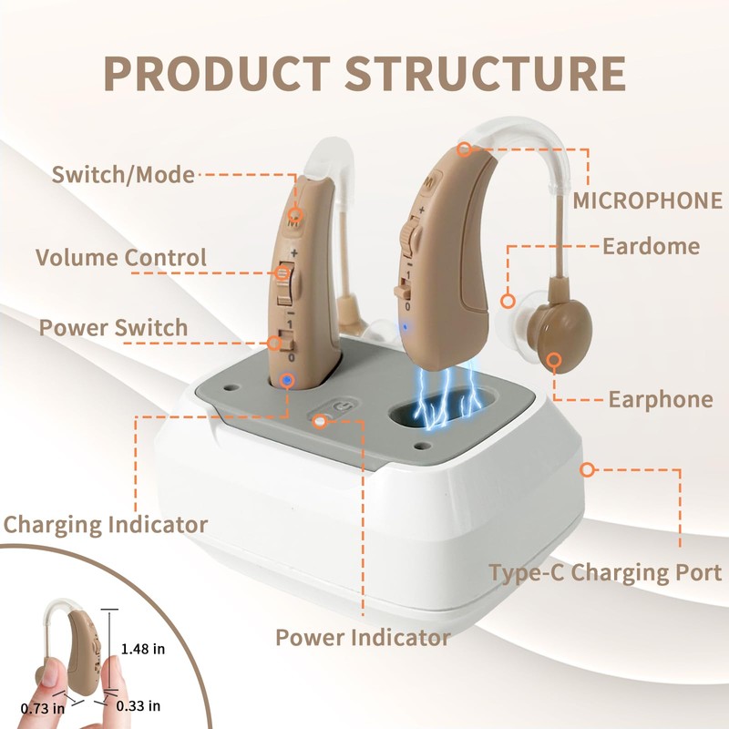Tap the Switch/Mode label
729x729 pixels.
pos(123,174)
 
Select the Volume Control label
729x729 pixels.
pos(121,257)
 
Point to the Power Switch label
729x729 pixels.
pos(113,327)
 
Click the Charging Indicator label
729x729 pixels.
pos(105,524)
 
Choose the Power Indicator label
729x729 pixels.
pos(363,637)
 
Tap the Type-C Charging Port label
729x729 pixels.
pos(605,573)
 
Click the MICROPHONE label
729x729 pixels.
pos(647,200)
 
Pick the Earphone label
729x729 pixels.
pos(660,399)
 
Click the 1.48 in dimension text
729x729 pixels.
pos(143,649)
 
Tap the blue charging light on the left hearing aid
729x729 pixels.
pos(288,380)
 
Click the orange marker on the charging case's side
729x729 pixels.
pos(587,469)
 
